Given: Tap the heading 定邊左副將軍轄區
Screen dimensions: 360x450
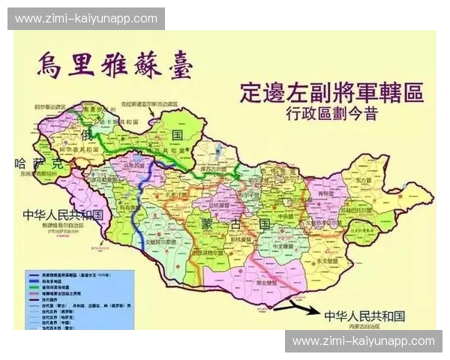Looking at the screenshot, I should point(331,93).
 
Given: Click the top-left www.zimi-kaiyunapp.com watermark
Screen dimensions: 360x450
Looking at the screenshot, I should point(85,19).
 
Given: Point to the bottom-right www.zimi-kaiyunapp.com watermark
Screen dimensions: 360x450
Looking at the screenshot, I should point(363,341).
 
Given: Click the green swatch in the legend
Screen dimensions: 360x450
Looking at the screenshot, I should point(33,285).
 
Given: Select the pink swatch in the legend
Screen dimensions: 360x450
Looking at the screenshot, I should point(33,295).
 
